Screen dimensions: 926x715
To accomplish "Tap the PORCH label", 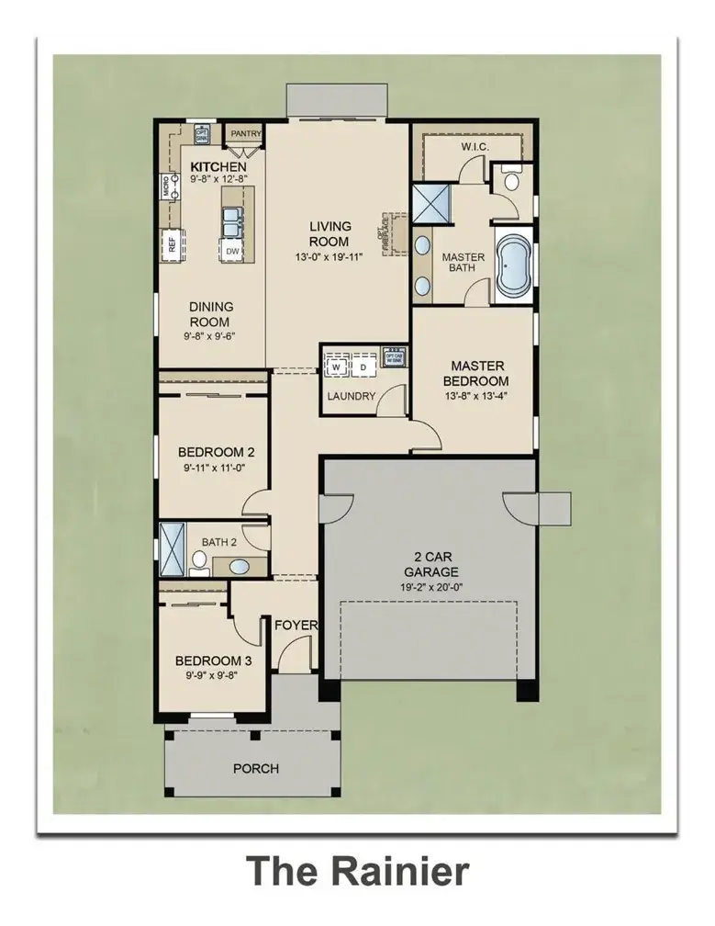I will [256, 768].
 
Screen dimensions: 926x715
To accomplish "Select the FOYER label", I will [296, 626].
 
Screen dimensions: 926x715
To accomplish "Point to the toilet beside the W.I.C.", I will [510, 181].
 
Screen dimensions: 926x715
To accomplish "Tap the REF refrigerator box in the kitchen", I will [171, 244].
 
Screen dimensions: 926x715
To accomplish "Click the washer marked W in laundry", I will [336, 367].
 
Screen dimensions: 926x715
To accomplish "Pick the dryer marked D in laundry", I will [363, 367].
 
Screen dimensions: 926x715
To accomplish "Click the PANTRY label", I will [245, 134].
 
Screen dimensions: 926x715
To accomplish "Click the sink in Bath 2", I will [237, 566].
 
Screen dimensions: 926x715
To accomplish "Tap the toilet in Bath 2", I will [199, 559].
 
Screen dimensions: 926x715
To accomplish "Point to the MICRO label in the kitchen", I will [166, 186].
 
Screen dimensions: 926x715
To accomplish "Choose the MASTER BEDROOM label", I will [475, 373].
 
